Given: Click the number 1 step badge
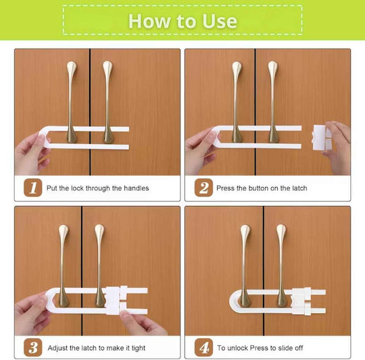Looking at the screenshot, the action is (x=33, y=188).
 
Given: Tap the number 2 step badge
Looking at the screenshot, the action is (x=203, y=188).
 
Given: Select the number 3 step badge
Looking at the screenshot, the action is (x=33, y=347).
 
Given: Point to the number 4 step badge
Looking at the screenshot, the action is (x=203, y=347).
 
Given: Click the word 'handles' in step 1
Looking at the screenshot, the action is (x=136, y=188).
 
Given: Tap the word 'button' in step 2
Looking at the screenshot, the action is (x=258, y=188).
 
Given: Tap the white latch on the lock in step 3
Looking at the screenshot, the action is (x=116, y=301).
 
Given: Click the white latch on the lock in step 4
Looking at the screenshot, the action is (x=301, y=301).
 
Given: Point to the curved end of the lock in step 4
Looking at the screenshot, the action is (x=233, y=302).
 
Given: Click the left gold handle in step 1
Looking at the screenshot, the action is (x=72, y=102).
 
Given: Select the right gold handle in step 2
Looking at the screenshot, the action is (x=273, y=102).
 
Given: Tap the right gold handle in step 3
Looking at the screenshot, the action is (x=100, y=265).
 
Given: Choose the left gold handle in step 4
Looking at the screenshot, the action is (x=245, y=265).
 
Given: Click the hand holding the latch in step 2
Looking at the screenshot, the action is (x=337, y=148).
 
